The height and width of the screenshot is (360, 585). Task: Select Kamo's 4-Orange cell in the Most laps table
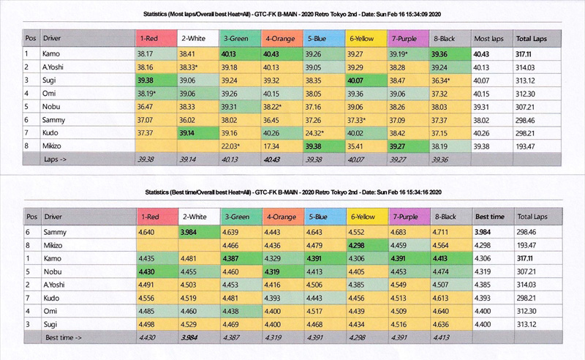click(281, 54)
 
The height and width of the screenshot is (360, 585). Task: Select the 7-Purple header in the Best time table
click(409, 217)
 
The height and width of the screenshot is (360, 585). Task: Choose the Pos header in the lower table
click(31, 217)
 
